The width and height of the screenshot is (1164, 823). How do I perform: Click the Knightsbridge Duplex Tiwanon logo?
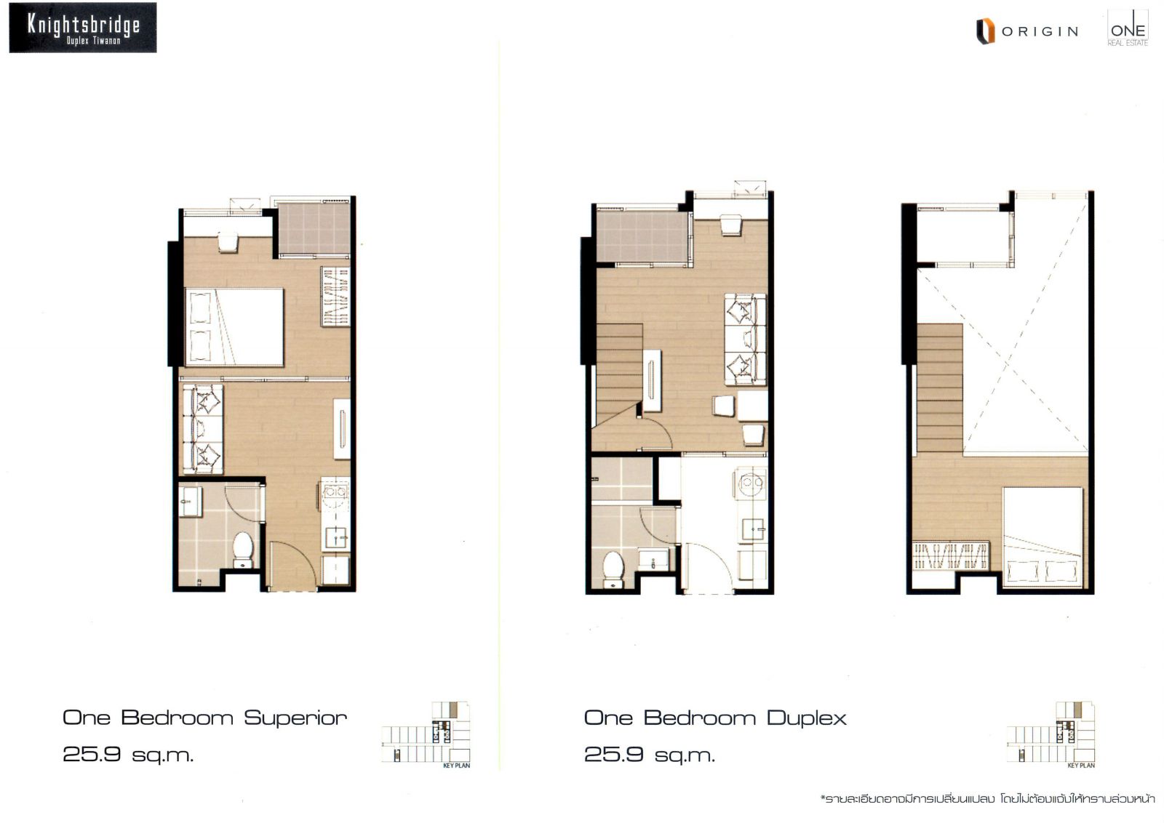tap(83, 28)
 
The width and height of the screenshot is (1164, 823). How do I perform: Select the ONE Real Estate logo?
tap(1128, 28)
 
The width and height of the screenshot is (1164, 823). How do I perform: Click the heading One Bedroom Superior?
tap(204, 718)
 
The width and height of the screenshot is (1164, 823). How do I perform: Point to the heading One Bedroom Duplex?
tap(715, 718)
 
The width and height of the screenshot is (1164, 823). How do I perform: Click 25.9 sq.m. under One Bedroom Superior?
tap(128, 754)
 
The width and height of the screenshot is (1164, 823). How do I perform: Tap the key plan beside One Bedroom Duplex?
tap(1051, 734)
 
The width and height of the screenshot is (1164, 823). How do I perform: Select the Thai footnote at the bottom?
tap(987, 798)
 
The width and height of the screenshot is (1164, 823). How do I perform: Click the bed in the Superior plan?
tap(234, 327)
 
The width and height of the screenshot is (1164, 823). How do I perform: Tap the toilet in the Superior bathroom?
tap(243, 550)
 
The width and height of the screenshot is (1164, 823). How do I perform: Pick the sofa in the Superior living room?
tap(203, 429)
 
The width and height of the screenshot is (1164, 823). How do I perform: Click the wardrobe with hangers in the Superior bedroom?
tap(335, 297)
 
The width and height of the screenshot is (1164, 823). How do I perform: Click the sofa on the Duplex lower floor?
tap(746, 340)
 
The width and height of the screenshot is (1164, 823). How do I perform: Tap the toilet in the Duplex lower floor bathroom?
tap(613, 569)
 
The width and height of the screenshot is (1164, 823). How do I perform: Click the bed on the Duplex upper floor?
tap(1043, 537)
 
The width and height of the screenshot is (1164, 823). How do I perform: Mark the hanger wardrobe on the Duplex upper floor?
tap(950, 555)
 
